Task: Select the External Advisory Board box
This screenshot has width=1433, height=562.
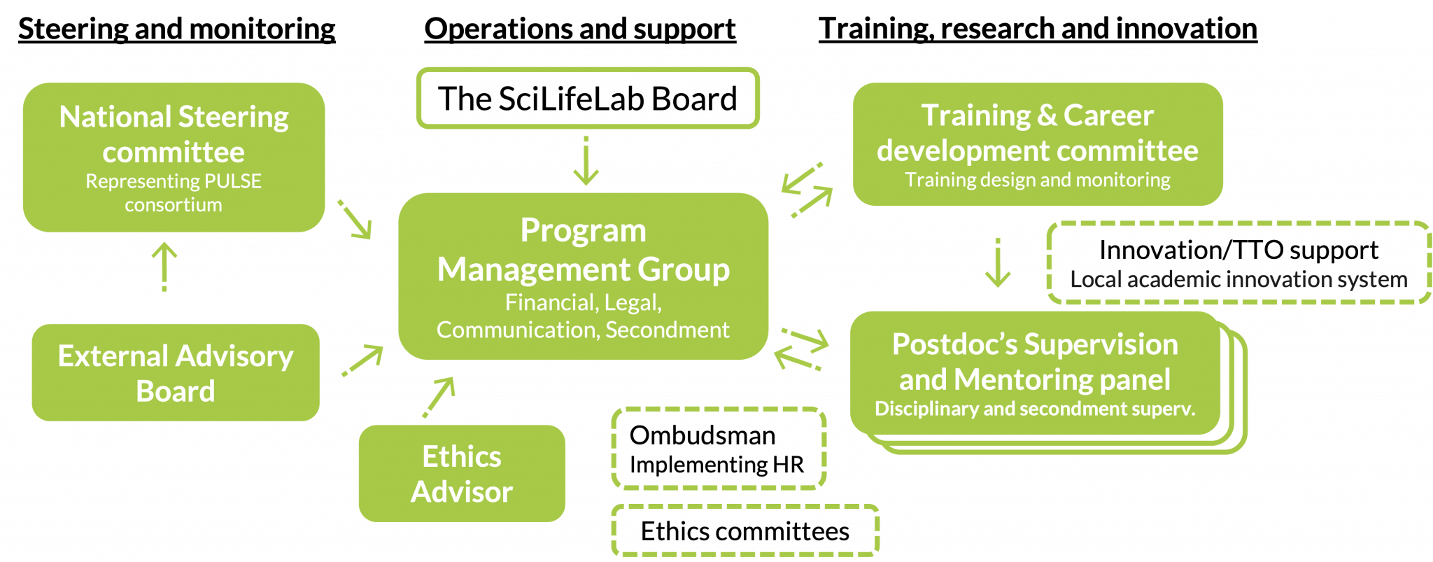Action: pyautogui.click(x=175, y=373)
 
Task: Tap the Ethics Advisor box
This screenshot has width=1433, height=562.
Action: pyautogui.click(x=462, y=474)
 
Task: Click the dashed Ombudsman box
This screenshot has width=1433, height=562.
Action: pyautogui.click(x=719, y=449)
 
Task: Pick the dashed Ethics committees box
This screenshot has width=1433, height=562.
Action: pyautogui.click(x=745, y=531)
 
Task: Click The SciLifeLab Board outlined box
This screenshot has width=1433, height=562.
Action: pyautogui.click(x=587, y=98)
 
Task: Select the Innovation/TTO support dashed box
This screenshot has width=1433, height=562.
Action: pyautogui.click(x=1238, y=264)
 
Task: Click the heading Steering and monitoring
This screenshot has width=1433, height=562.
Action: pyautogui.click(x=176, y=29)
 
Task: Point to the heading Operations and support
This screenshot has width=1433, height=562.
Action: pyautogui.click(x=580, y=29)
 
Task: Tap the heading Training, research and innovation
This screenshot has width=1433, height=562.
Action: pyautogui.click(x=1037, y=29)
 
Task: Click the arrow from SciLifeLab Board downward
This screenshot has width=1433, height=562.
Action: pyautogui.click(x=586, y=160)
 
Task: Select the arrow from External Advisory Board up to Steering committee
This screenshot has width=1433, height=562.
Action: pyautogui.click(x=164, y=267)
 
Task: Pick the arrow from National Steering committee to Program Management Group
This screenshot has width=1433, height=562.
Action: pyautogui.click(x=355, y=220)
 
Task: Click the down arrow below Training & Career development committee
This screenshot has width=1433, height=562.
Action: pyautogui.click(x=997, y=263)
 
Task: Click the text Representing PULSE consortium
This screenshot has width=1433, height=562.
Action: pyautogui.click(x=174, y=192)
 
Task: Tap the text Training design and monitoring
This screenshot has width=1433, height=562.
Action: pyautogui.click(x=1037, y=180)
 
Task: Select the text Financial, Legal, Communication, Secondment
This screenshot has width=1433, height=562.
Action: pyautogui.click(x=583, y=316)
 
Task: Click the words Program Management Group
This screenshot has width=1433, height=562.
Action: pyautogui.click(x=583, y=250)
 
